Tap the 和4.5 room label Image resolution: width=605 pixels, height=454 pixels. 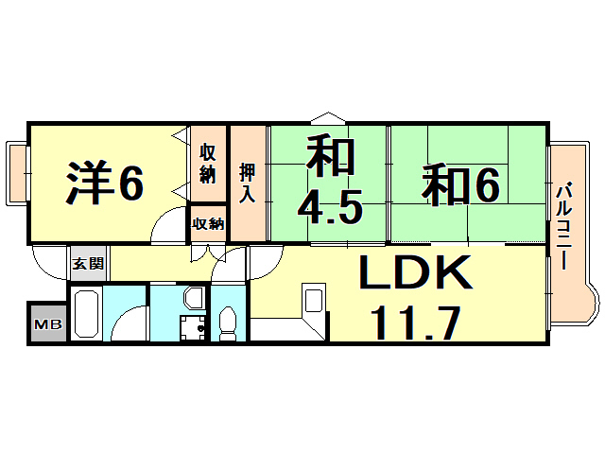pyautogui.click(x=328, y=181)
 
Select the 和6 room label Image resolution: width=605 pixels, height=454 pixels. pyautogui.click(x=460, y=183)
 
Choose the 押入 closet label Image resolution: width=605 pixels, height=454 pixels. pyautogui.click(x=248, y=182)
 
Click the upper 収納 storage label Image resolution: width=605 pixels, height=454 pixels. pyautogui.click(x=208, y=163)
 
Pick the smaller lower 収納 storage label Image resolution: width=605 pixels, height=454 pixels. pyautogui.click(x=208, y=223)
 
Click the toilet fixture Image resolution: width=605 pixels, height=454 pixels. pyautogui.click(x=227, y=323)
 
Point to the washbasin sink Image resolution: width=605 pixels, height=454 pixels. pyautogui.click(x=193, y=300)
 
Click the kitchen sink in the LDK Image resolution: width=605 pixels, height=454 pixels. pyautogui.click(x=314, y=302)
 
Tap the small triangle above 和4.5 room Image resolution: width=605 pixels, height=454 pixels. pyautogui.click(x=324, y=117)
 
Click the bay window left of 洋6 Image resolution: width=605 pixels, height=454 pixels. pyautogui.click(x=17, y=173)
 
